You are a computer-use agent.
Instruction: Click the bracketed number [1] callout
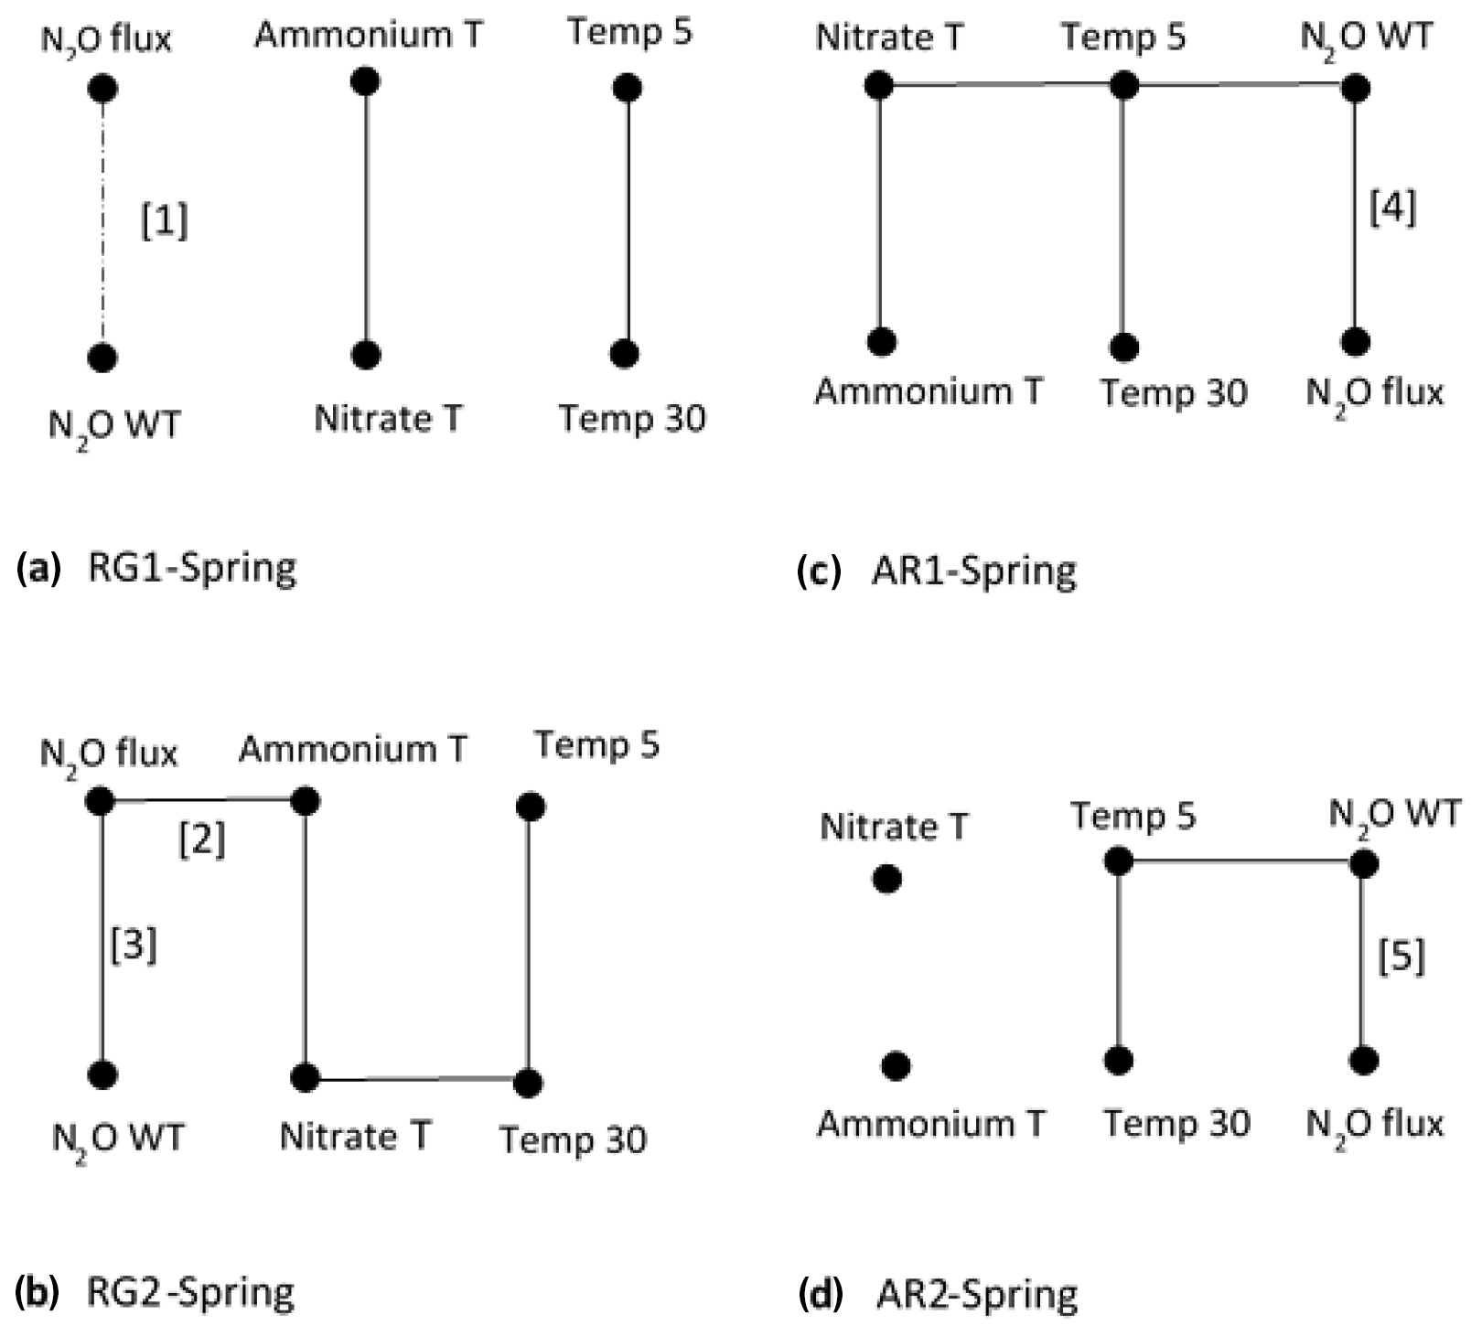pos(165,221)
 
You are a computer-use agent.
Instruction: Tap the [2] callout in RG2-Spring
pos(201,839)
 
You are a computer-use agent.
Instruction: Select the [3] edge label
pos(134,944)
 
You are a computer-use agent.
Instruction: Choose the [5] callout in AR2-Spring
pos(1401,957)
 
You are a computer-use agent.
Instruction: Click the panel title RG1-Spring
pos(191,568)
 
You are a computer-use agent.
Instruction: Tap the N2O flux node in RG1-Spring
pos(102,89)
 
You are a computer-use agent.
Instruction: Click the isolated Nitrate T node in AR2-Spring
pos(886,879)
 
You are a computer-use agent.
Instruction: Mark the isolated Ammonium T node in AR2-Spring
pos(896,1066)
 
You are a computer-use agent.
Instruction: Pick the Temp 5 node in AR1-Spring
pos(1124,86)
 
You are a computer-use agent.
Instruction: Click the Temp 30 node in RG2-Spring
pos(528,1083)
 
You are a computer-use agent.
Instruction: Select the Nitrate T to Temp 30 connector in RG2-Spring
pos(416,1080)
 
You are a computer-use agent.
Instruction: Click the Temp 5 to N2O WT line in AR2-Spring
pos(1241,861)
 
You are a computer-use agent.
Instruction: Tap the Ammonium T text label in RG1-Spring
pos(368,35)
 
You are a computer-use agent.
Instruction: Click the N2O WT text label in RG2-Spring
pos(118,1138)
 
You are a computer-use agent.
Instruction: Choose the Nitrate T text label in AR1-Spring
pos(889,37)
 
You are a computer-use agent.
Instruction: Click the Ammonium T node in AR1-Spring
pos(881,342)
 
